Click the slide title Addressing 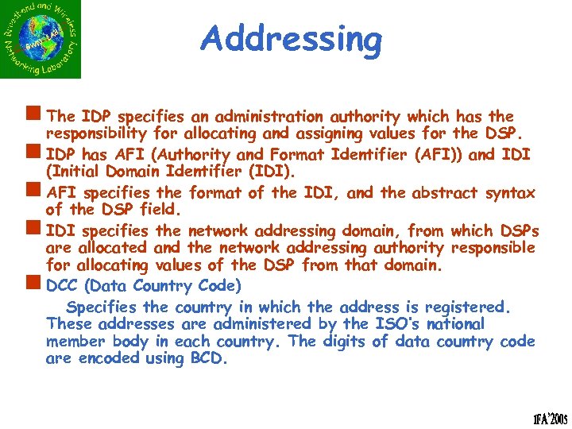291,38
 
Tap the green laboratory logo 41,40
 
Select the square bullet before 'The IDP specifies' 37,116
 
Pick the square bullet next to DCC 37,284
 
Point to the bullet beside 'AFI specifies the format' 37,191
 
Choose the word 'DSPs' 519,230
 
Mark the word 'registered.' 466,307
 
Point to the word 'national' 454,323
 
